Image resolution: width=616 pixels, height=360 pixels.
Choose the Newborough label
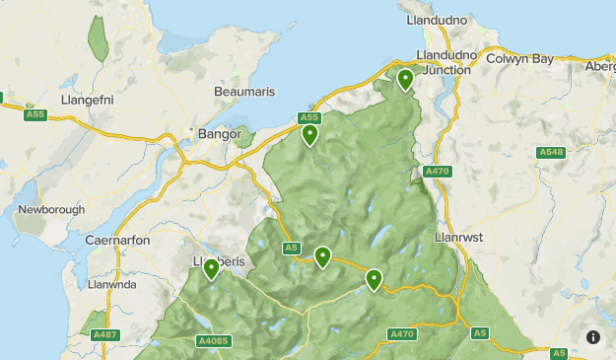(x=51, y=210)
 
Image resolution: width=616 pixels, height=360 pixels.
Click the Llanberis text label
(x=218, y=261)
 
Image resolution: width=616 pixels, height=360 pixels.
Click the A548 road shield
(x=551, y=152)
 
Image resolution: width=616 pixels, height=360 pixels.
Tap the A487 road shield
(x=105, y=335)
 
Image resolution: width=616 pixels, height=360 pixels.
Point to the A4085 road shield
(x=213, y=341)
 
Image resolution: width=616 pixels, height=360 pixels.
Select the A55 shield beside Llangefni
(x=35, y=115)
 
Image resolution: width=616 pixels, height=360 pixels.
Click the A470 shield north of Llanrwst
(x=437, y=172)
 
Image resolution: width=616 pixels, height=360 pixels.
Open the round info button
(x=593, y=337)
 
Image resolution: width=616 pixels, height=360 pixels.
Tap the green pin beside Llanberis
(x=211, y=268)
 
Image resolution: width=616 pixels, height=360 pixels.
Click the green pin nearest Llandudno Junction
(x=405, y=79)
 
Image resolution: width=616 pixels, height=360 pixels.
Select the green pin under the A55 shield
(x=309, y=134)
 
